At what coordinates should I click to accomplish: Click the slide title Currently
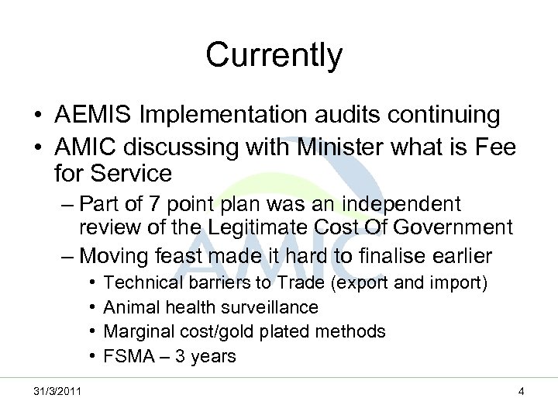tap(274, 55)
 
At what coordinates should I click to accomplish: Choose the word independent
tap(403, 204)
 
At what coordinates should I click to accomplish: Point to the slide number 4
tap(522, 392)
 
